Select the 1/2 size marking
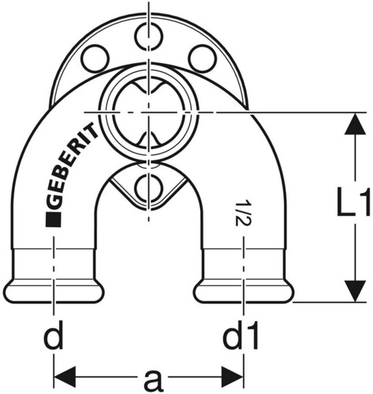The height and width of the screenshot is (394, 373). click(x=241, y=214)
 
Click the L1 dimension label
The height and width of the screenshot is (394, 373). click(x=354, y=202)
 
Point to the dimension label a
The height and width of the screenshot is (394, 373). click(x=154, y=380)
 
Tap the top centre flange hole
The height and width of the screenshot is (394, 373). click(x=148, y=35)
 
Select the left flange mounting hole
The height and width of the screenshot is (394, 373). click(x=95, y=58)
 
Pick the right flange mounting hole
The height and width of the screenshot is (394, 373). click(x=202, y=58)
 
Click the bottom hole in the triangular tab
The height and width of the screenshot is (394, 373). click(x=148, y=187)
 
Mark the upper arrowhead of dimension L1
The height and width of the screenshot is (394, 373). click(x=356, y=124)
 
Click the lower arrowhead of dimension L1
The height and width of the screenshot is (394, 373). click(x=356, y=291)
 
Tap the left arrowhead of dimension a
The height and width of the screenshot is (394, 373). click(x=65, y=377)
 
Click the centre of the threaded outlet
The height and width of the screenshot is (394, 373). click(x=148, y=113)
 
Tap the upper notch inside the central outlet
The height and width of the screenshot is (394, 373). click(x=148, y=87)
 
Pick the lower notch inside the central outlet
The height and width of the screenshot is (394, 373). click(x=148, y=139)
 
